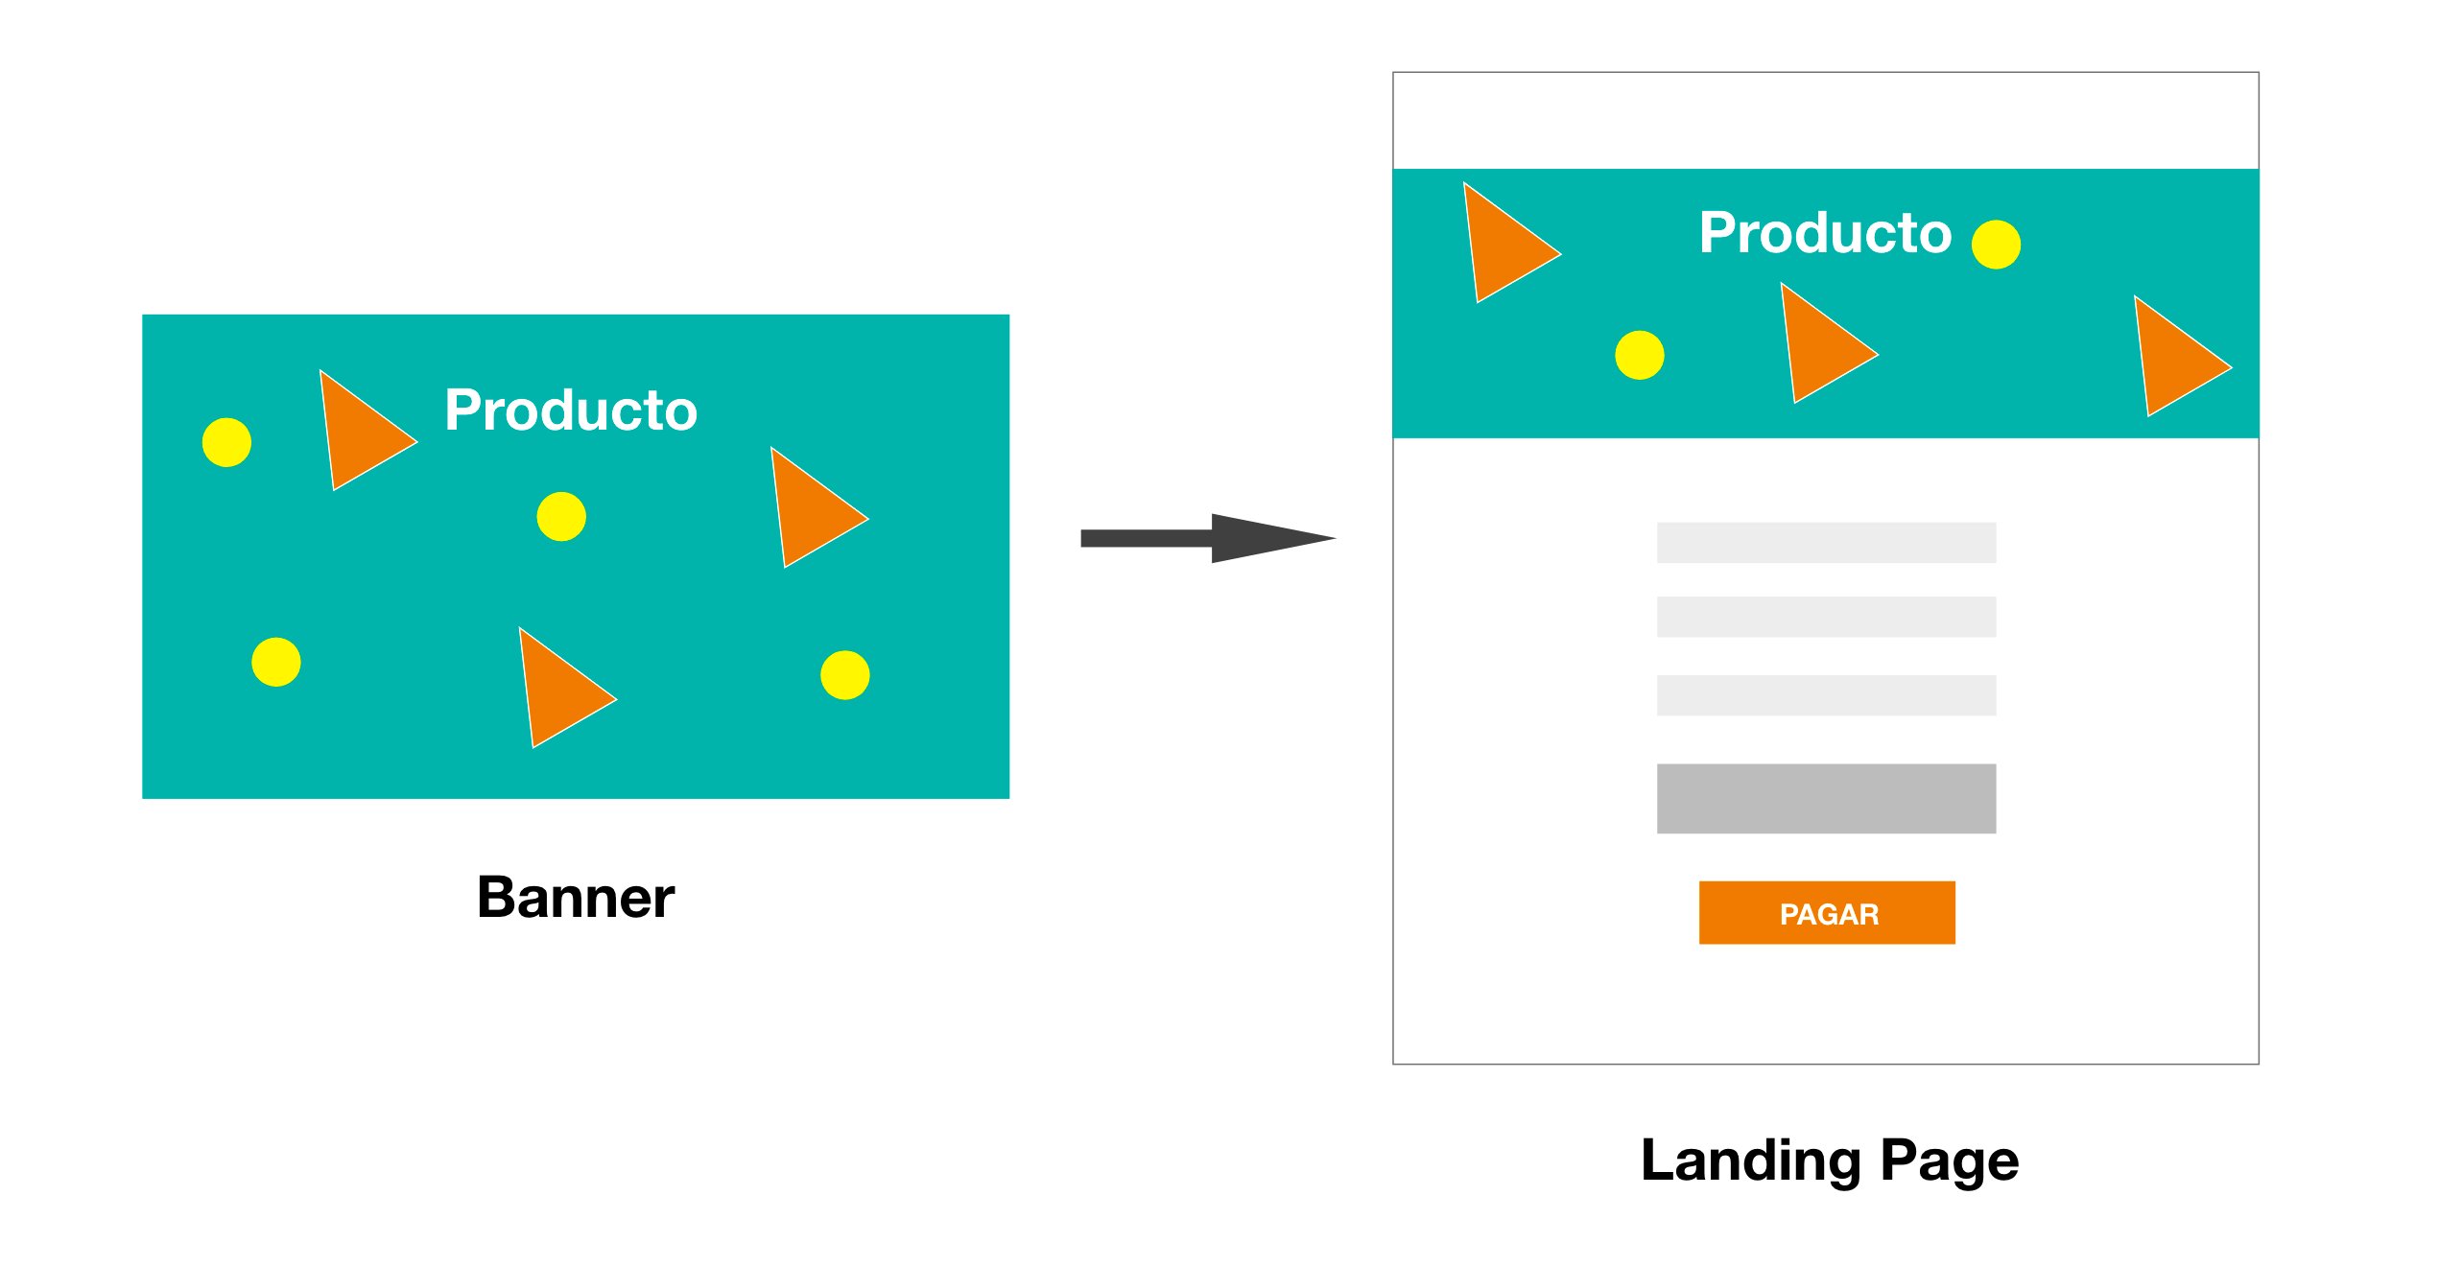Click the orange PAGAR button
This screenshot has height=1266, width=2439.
[x=1827, y=912]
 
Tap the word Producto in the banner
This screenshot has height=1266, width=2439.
[x=571, y=410]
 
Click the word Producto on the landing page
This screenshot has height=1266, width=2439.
[x=1824, y=233]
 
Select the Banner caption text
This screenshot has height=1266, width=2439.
[x=576, y=898]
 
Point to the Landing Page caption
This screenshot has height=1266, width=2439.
[x=1829, y=1160]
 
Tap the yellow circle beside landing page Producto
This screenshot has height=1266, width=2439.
[x=1996, y=245]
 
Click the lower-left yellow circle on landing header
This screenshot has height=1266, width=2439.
[x=1639, y=355]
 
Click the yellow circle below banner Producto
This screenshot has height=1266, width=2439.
[x=561, y=517]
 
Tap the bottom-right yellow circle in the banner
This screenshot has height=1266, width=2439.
[x=844, y=675]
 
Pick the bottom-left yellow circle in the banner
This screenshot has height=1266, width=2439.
[x=276, y=662]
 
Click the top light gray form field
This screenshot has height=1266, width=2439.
[x=1826, y=543]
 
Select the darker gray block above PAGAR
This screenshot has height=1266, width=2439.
[x=1826, y=798]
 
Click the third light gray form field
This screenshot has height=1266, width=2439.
[x=1826, y=695]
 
